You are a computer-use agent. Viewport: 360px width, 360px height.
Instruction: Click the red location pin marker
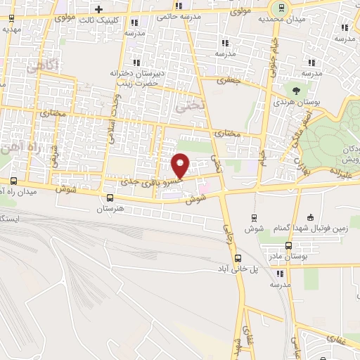[x=181, y=166]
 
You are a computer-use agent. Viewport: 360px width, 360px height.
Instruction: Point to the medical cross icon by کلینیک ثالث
[x=98, y=8]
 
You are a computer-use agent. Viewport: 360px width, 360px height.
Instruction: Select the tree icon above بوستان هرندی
[x=295, y=90]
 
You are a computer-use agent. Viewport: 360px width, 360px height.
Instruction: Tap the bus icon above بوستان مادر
[x=289, y=245]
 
